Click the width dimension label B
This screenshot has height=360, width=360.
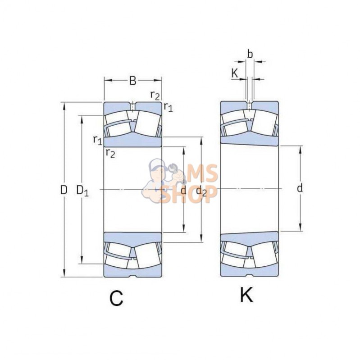tap(133, 81)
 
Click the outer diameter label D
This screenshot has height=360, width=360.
tap(64, 190)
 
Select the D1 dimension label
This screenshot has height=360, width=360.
tap(82, 191)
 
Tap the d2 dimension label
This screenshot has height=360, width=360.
tap(201, 191)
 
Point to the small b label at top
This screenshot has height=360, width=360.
tap(250, 54)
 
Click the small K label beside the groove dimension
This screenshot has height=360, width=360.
tap(234, 73)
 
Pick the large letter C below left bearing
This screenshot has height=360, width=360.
tap(116, 298)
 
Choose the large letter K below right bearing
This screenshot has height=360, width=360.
tap(246, 295)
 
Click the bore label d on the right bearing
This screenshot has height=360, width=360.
tap(300, 188)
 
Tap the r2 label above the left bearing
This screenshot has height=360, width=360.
tap(155, 95)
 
